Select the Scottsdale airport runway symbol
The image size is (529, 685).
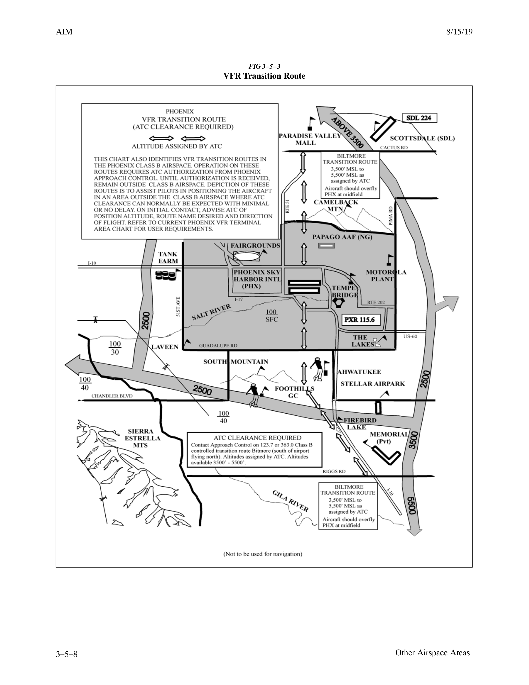[382, 129]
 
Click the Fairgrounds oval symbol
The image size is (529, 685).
[247, 256]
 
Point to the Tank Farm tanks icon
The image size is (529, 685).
[165, 276]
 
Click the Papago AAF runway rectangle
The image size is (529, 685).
[327, 245]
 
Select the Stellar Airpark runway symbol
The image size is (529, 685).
[378, 407]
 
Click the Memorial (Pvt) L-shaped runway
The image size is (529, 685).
[386, 454]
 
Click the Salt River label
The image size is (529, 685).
[211, 312]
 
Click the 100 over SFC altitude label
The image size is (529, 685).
[271, 316]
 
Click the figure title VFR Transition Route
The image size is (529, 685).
[264, 76]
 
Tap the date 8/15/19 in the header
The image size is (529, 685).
[459, 32]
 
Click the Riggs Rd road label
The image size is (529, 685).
[334, 471]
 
